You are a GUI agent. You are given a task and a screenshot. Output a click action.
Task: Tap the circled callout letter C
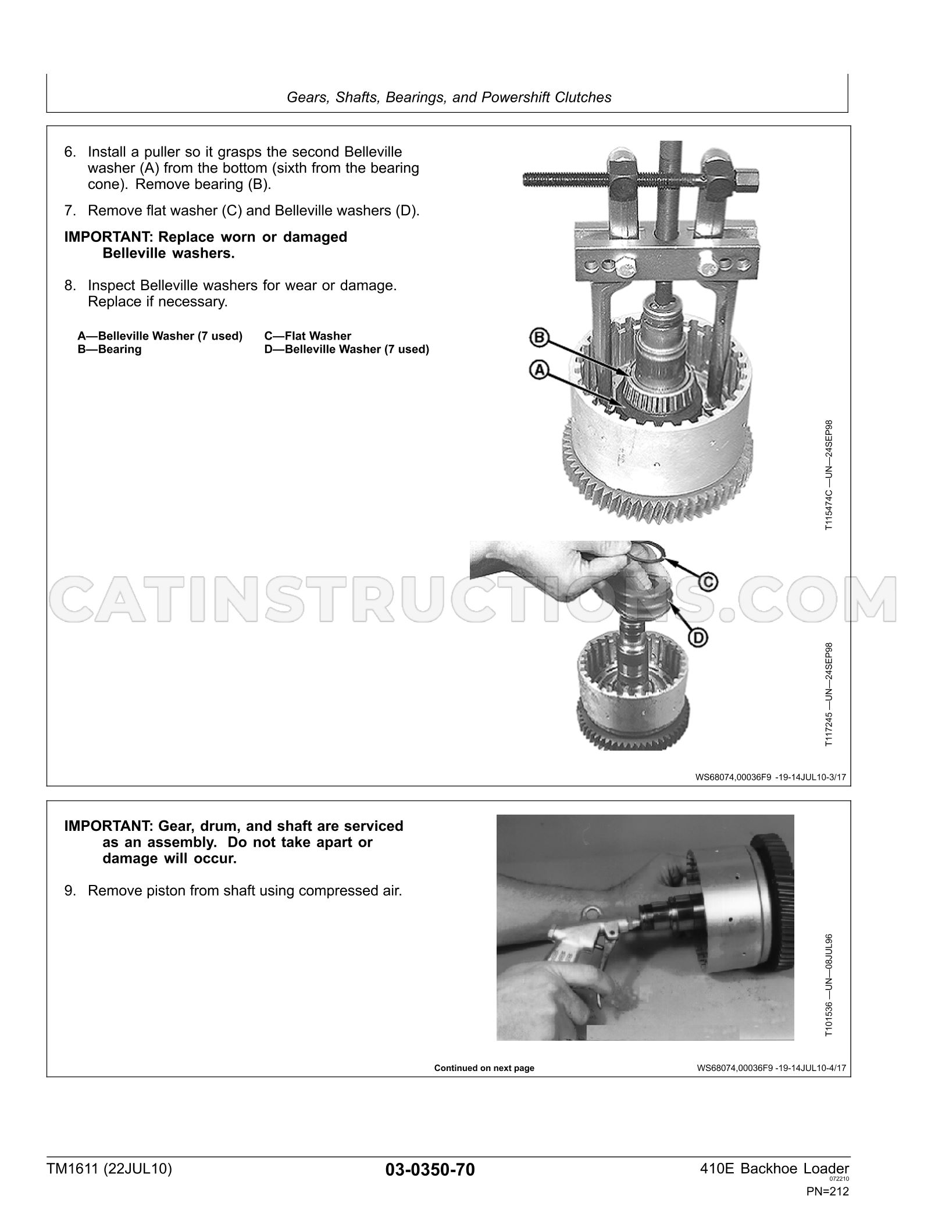pos(708,581)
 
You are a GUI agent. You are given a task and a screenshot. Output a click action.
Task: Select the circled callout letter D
pos(698,638)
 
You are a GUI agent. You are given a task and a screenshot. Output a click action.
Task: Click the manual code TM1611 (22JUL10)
pos(110,1169)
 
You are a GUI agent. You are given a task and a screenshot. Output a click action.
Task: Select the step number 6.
pos(70,152)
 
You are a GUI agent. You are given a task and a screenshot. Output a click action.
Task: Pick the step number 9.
pos(70,891)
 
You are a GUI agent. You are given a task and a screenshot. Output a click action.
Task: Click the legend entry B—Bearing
pos(109,349)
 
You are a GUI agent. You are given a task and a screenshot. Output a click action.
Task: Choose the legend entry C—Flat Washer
pos(308,336)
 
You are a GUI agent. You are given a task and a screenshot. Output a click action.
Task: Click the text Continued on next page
pos(484,1068)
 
